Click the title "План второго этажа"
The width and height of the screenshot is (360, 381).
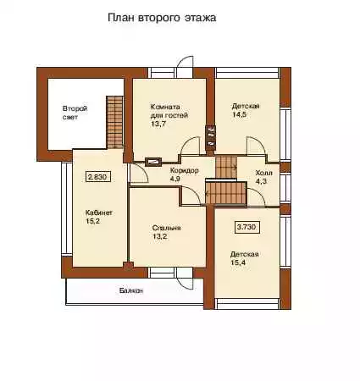[x=162, y=18]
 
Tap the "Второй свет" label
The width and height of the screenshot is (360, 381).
[x=75, y=113]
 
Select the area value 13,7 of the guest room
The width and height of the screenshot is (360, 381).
[x=158, y=124]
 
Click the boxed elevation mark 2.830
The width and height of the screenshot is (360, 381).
[x=97, y=177]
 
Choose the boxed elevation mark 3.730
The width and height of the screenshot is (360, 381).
[x=247, y=227]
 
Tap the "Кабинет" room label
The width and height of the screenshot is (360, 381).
[x=99, y=213]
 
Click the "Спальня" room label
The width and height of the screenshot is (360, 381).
[x=166, y=228]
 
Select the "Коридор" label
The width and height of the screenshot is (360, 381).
[x=184, y=170]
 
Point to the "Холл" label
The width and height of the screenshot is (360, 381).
[x=263, y=173]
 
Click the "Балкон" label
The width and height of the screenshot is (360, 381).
[x=130, y=290]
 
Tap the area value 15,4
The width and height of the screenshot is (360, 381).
[x=238, y=263]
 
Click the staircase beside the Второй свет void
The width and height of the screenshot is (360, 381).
[x=114, y=122]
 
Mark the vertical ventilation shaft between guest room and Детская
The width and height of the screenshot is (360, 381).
[x=210, y=135]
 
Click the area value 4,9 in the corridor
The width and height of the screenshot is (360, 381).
[x=175, y=179]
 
